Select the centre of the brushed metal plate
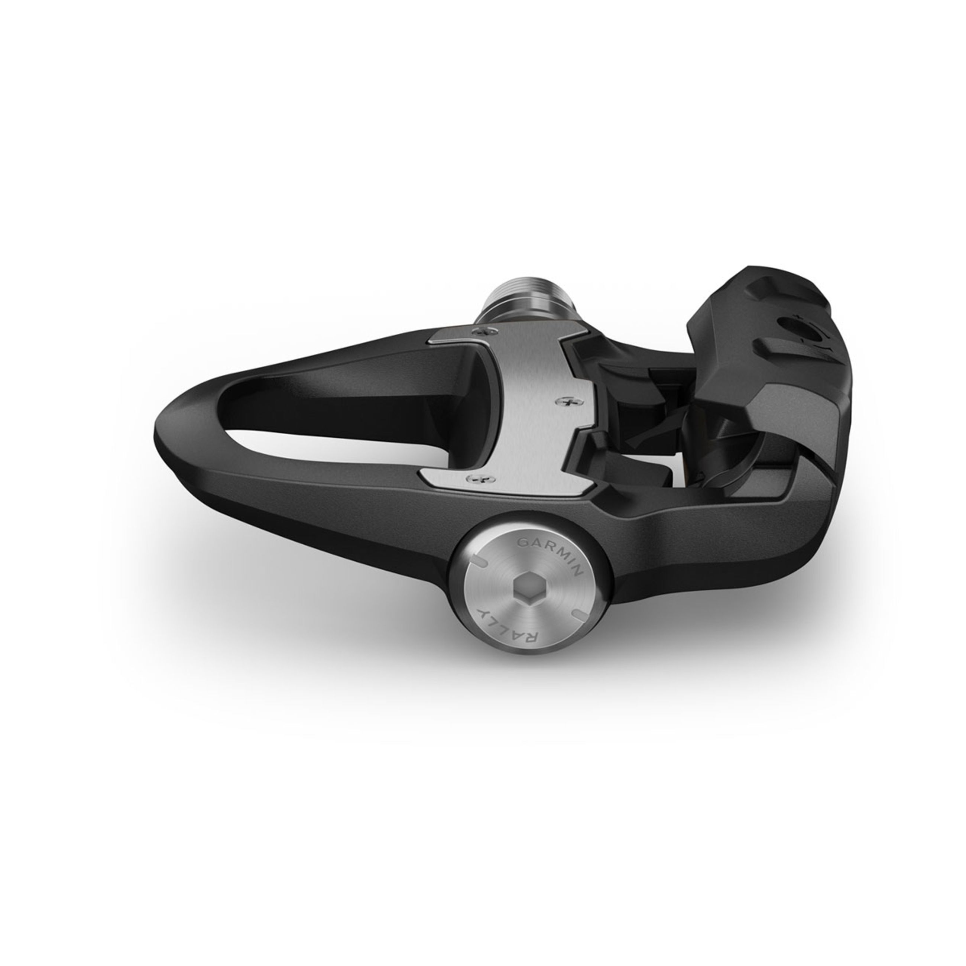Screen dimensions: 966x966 (530, 405)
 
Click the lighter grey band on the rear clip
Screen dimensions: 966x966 (810, 415)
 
